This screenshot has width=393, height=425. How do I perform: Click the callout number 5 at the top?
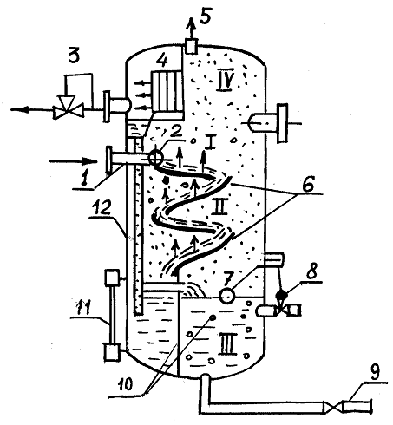pyautogui.click(x=206, y=18)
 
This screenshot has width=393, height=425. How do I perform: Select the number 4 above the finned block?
pyautogui.click(x=162, y=62)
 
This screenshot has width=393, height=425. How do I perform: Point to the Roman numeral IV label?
pyautogui.click(x=225, y=82)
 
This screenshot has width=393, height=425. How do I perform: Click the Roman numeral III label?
pyautogui.click(x=228, y=343)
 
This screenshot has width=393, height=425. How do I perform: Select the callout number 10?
pyautogui.click(x=124, y=383)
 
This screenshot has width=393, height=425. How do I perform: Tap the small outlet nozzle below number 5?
pyautogui.click(x=190, y=47)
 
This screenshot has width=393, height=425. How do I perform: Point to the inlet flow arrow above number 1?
pyautogui.click(x=73, y=161)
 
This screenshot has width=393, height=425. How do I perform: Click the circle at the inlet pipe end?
pyautogui.click(x=155, y=158)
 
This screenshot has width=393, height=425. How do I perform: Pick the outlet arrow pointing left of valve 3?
pyautogui.click(x=32, y=109)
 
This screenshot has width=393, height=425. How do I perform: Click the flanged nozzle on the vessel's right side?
pyautogui.click(x=269, y=123)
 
